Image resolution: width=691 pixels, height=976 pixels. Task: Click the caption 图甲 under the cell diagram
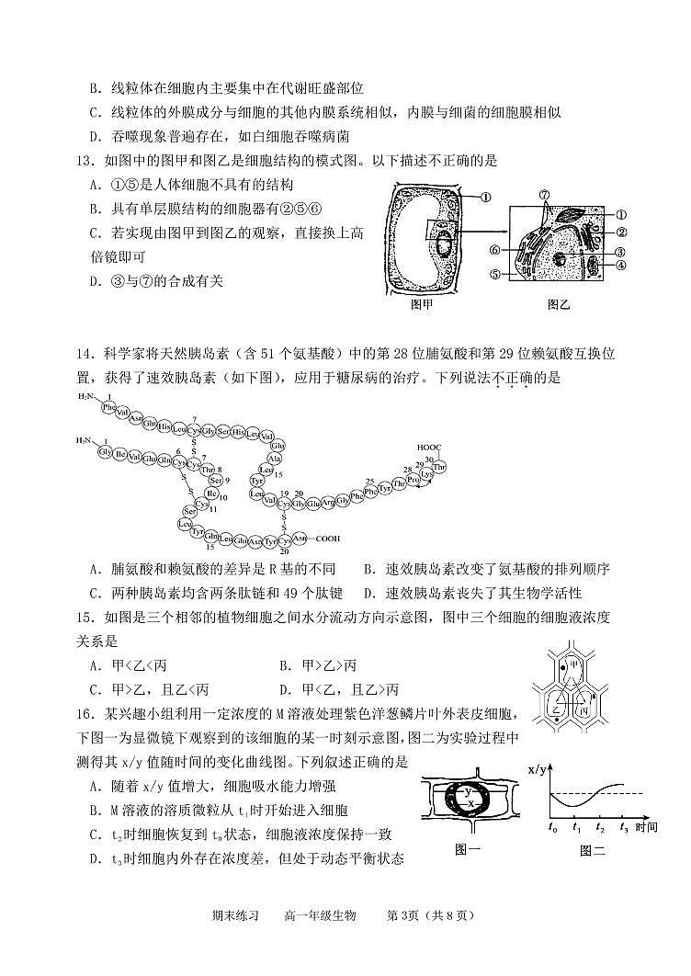(422, 304)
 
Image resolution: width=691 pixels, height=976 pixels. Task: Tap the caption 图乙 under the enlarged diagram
(559, 304)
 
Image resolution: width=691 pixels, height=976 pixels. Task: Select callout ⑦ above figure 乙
(544, 196)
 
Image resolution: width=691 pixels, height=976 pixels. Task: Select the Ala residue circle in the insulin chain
(274, 458)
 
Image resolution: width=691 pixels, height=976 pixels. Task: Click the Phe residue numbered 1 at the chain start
(109, 406)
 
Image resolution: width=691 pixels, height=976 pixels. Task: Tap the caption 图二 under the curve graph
(593, 850)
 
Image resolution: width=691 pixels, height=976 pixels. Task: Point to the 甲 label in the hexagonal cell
(574, 664)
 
